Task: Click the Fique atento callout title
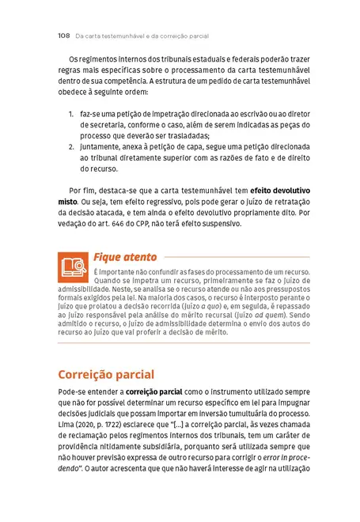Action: pos(125,256)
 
